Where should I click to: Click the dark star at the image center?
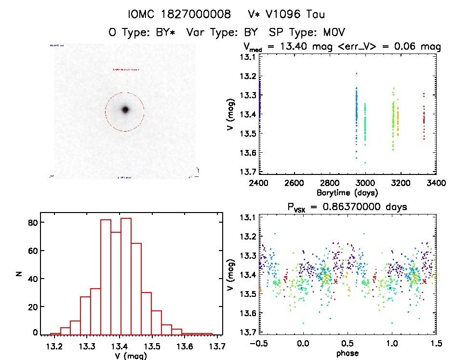coord(125,110)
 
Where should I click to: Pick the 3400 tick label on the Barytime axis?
coord(436,183)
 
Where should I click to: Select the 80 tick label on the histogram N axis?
coord(33,223)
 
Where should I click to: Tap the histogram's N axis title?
coord(19,273)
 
